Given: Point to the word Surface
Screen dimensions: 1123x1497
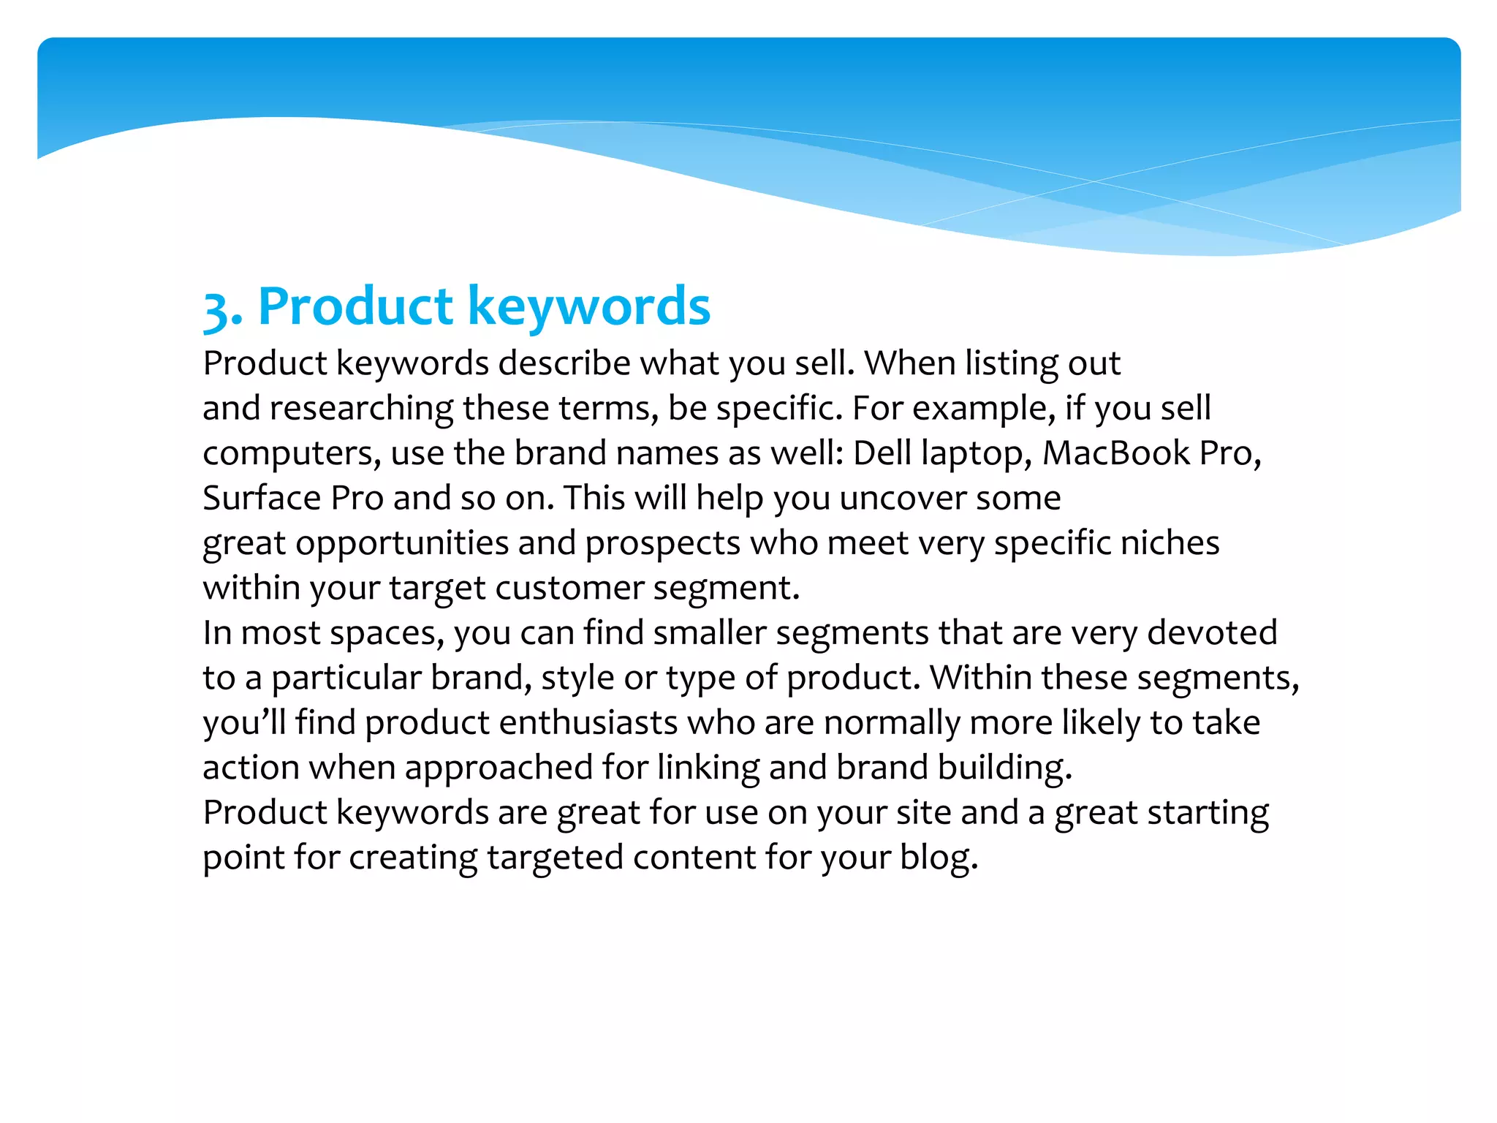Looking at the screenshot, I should (x=262, y=498).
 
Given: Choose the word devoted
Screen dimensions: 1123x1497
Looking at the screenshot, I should (x=1212, y=632).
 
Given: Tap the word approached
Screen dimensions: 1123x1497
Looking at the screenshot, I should (x=499, y=768).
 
